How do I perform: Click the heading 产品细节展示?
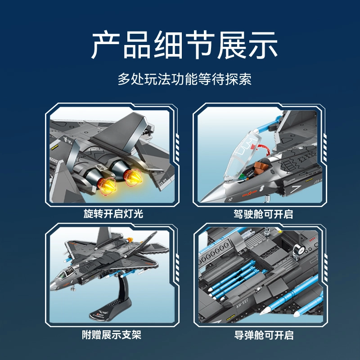tap(184, 45)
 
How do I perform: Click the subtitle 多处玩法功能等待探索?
tap(184, 79)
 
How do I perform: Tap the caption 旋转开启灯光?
tap(113, 213)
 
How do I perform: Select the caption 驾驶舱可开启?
tap(263, 214)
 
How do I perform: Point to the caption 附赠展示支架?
tap(112, 335)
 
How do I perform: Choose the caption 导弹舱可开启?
tap(264, 335)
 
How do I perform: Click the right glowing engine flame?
tap(132, 177)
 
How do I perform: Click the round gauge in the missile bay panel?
tap(299, 250)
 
